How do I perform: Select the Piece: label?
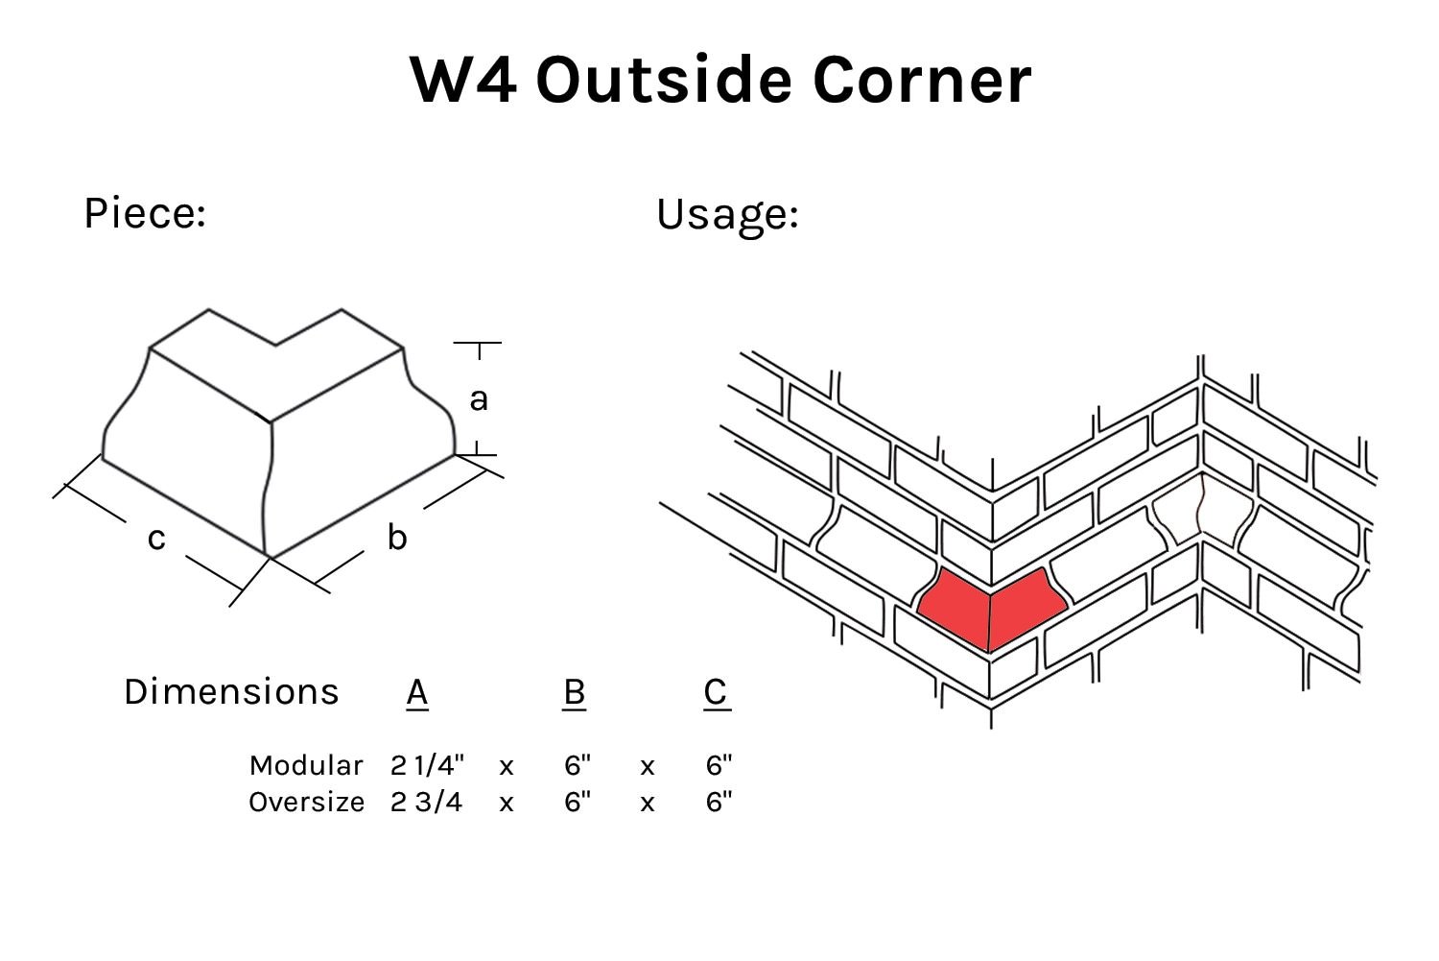click(x=145, y=212)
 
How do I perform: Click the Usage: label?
click(x=727, y=214)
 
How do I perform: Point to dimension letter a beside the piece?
click(x=478, y=398)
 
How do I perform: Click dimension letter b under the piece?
click(x=396, y=538)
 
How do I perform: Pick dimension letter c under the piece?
click(x=156, y=539)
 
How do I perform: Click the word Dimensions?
click(x=231, y=691)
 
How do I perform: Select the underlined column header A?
click(x=416, y=691)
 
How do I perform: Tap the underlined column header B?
click(x=574, y=691)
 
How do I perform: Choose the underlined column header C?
click(x=716, y=691)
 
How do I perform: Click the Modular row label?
click(x=306, y=765)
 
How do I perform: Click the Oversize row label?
click(x=306, y=802)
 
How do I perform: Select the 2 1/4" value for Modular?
click(x=427, y=765)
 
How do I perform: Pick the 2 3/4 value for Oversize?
click(x=426, y=802)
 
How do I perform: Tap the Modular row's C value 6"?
click(x=719, y=765)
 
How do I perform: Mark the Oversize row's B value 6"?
click(x=577, y=802)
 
